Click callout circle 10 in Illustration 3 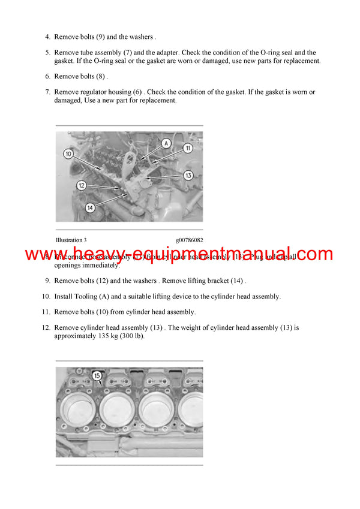tap(68, 154)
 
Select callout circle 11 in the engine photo tap(187, 147)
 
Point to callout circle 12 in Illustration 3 tap(82, 186)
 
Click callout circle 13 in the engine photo tap(188, 176)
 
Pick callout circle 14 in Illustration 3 tap(89, 207)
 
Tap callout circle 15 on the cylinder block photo tap(97, 376)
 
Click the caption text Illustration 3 tap(75, 240)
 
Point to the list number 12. tap(46, 328)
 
